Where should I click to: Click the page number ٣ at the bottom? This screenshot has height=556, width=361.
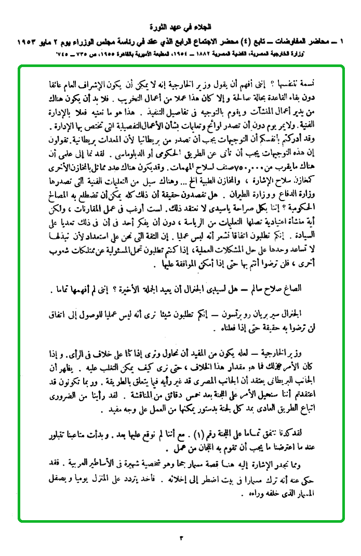[x=181, y=537]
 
